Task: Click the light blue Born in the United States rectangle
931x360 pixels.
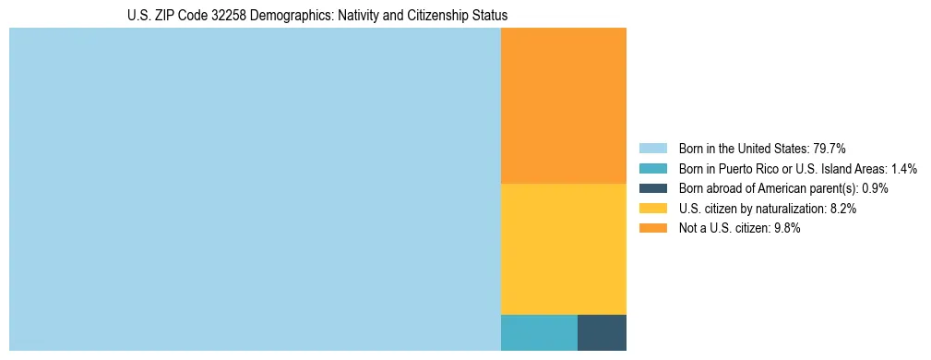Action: [255, 189]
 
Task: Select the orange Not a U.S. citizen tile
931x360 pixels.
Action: [563, 106]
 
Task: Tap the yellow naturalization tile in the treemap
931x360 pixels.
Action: [563, 249]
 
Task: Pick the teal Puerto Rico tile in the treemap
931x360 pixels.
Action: [539, 332]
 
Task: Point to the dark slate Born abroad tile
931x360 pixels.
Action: [602, 332]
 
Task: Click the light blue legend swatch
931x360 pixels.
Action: [652, 148]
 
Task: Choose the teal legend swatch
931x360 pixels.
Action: [652, 168]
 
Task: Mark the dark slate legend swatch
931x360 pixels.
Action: [652, 188]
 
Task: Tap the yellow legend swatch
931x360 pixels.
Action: [652, 209]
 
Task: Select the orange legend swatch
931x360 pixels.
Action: [652, 229]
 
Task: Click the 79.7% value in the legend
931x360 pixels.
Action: [830, 148]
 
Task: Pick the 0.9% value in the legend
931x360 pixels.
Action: [876, 188]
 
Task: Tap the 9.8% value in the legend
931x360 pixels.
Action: [785, 229]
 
